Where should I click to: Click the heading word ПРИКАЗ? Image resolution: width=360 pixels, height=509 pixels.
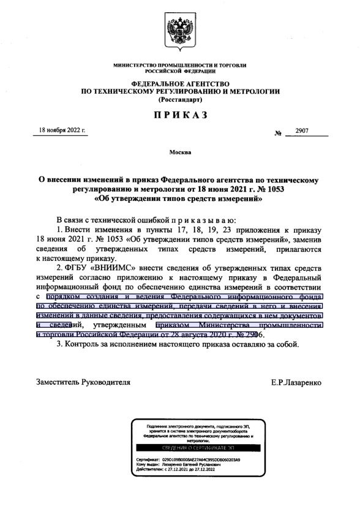tap(180, 114)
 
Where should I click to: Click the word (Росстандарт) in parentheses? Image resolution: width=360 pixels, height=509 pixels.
tap(180, 99)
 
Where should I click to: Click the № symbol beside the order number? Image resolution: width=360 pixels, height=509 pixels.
tap(279, 133)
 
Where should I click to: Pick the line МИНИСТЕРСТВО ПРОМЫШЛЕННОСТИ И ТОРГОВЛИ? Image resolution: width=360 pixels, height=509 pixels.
tap(180, 65)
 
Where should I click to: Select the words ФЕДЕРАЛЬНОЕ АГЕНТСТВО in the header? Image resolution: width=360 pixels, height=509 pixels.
tap(180, 83)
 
